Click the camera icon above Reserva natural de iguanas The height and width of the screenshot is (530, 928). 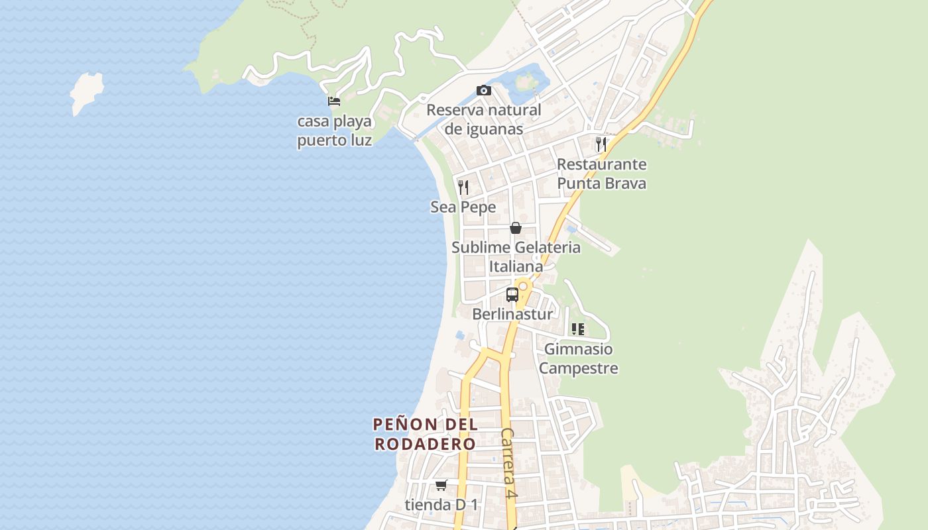pos(484,90)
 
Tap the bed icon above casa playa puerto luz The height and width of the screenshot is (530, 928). pos(334,101)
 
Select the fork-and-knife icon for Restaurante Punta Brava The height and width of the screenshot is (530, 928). pos(601,144)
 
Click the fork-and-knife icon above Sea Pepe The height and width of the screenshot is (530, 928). pos(463,187)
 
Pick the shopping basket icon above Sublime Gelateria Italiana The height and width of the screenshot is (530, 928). pos(516,228)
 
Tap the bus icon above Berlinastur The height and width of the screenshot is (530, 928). pos(512,295)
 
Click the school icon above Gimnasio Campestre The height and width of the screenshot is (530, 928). pos(578,329)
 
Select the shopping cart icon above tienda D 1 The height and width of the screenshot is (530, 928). pos(441,485)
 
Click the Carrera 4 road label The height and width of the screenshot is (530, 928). pos(508,463)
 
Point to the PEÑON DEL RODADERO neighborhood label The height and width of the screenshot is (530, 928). pos(425,434)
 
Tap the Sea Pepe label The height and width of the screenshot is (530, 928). pos(463,207)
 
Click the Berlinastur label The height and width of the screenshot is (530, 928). pos(512,314)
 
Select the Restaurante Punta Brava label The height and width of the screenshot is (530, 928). pos(601,174)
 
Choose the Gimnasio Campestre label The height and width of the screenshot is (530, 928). pos(578,358)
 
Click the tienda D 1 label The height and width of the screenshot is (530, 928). pos(441,505)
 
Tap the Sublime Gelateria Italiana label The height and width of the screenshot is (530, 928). pos(516,256)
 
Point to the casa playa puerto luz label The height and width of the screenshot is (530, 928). pos(334,131)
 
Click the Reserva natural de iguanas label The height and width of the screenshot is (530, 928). pos(484,119)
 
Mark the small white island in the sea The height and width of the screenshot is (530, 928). pos(87,92)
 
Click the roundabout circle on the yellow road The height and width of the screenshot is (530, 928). pos(523,286)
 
